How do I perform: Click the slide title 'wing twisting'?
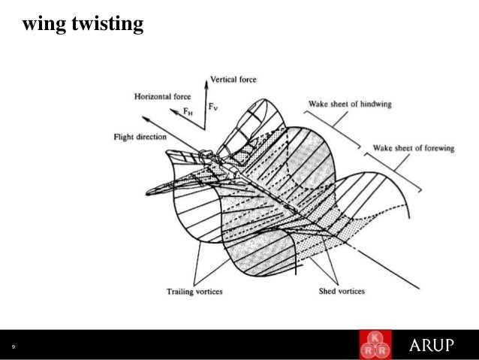click(x=83, y=26)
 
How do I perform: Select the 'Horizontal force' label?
click(x=163, y=97)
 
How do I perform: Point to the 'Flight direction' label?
click(x=140, y=138)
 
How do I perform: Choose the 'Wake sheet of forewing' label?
click(x=414, y=148)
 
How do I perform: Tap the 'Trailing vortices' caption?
click(x=194, y=291)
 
